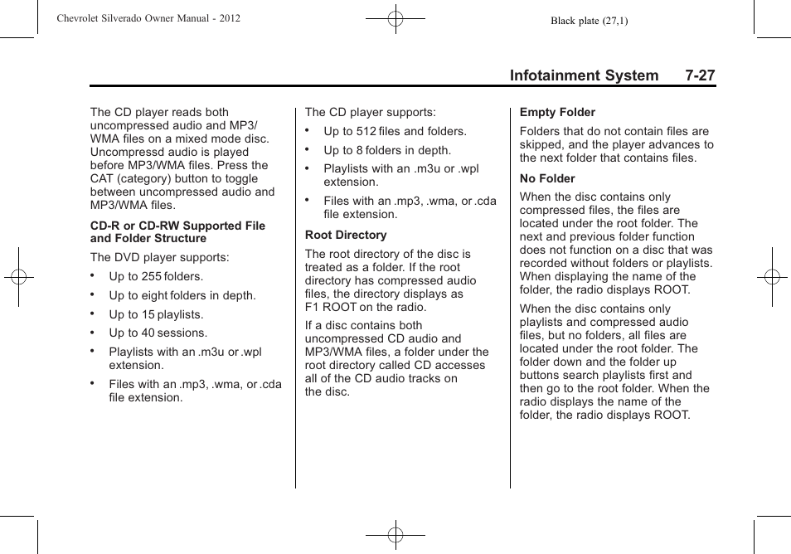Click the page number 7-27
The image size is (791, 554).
click(x=700, y=75)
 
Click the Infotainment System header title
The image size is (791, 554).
click(x=584, y=75)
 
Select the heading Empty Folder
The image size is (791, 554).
click(x=557, y=112)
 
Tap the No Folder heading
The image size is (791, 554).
click(x=547, y=178)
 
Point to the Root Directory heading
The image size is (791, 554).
click(x=346, y=235)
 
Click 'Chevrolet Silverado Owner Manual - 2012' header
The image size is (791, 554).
click(x=148, y=17)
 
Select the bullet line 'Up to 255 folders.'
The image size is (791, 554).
click(x=156, y=276)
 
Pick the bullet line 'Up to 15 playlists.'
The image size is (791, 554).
click(x=156, y=314)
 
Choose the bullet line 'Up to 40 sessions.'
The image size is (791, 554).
click(x=158, y=333)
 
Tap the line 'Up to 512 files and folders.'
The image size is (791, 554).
click(x=395, y=131)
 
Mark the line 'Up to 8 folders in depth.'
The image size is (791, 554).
click(x=387, y=150)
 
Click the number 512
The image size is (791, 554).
click(x=366, y=131)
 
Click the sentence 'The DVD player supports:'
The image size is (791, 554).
click(x=159, y=257)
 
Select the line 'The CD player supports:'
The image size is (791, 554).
click(x=370, y=112)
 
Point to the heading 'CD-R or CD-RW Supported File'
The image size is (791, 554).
click(x=177, y=226)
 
